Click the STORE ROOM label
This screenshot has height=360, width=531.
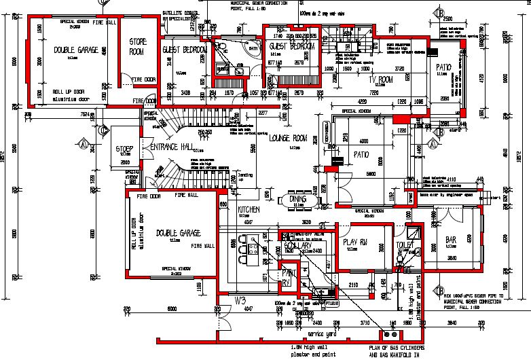click(138, 46)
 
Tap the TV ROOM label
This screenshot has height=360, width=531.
click(381, 79)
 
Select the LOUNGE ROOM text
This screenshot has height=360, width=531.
click(289, 138)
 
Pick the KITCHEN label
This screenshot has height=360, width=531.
click(249, 210)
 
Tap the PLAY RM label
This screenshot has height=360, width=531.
click(355, 242)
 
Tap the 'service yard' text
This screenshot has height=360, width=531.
click(323, 335)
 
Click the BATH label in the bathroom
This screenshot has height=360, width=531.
click(254, 48)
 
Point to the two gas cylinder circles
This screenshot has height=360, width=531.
click(388, 334)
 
